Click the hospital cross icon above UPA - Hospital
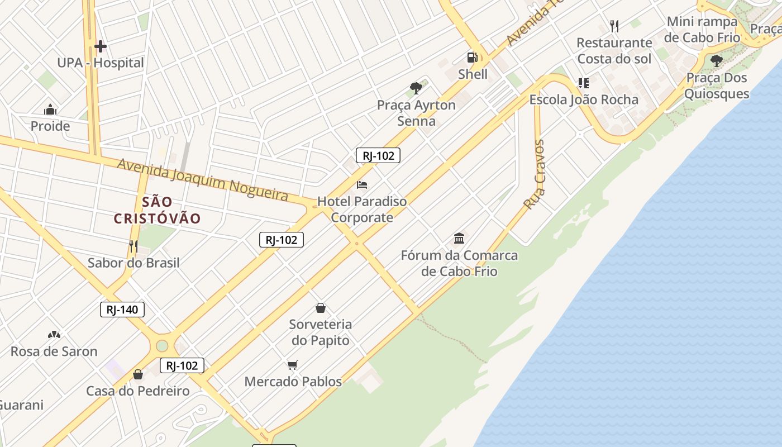click(x=101, y=46)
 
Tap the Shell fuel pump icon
click(x=472, y=58)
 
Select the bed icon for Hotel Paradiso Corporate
click(x=362, y=184)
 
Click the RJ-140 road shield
click(x=122, y=310)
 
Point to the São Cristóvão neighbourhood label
click(x=157, y=210)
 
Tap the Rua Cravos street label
click(x=535, y=175)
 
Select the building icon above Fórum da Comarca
click(x=459, y=239)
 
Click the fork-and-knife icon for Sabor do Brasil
click(x=133, y=246)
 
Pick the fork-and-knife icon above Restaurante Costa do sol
click(x=614, y=26)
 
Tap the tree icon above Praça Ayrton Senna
click(x=416, y=88)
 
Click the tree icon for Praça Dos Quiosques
click(x=717, y=61)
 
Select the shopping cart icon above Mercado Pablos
click(x=293, y=365)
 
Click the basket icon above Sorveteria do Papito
click(x=321, y=308)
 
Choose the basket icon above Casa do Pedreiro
click(x=138, y=374)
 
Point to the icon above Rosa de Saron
click(x=54, y=335)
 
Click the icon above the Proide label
click(x=50, y=110)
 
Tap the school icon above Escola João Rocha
click(x=583, y=83)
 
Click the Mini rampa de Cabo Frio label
click(x=702, y=30)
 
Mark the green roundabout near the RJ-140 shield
click(x=162, y=346)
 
